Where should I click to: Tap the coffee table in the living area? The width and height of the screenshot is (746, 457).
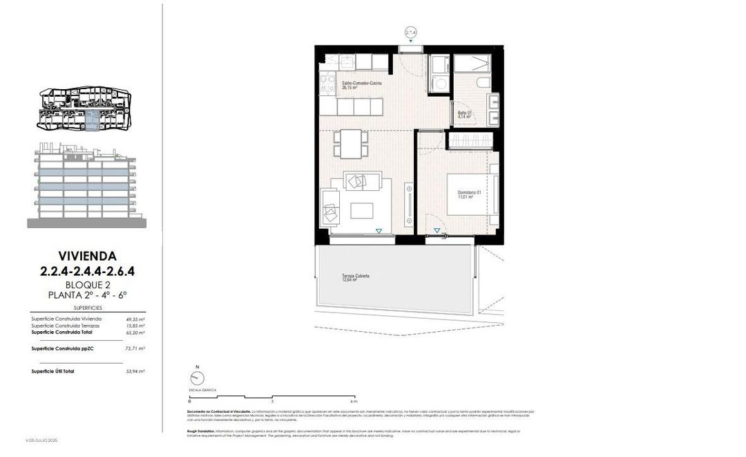[x=361, y=210]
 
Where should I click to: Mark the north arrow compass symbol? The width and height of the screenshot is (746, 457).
[x=197, y=377]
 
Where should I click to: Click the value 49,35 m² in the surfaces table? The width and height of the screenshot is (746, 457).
[x=135, y=319]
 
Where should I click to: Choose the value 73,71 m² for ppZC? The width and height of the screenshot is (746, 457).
[x=135, y=348]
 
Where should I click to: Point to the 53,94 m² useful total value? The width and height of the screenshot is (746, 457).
[x=135, y=371]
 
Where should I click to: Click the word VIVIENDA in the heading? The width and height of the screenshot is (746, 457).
[x=87, y=256]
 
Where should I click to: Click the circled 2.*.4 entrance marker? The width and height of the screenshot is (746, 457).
[x=411, y=32]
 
